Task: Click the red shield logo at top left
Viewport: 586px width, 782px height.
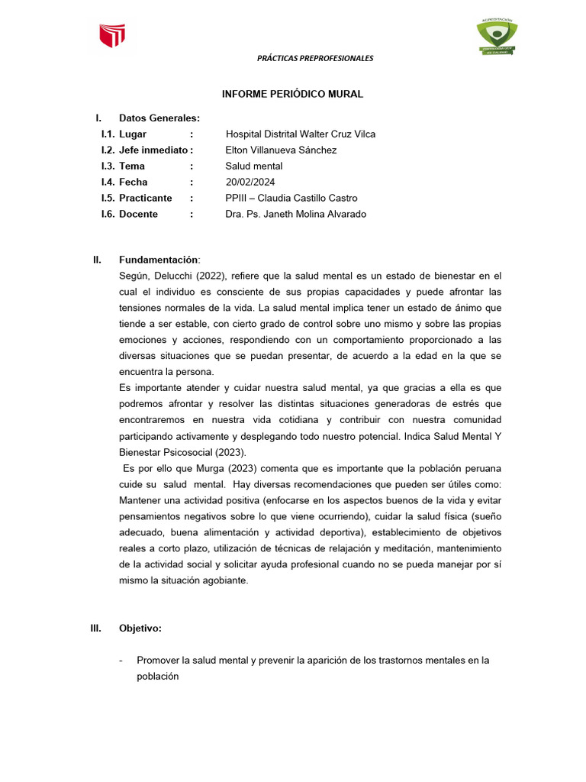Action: point(111,36)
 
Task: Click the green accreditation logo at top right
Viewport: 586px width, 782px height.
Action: point(497,37)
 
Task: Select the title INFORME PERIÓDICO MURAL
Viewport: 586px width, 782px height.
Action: point(292,94)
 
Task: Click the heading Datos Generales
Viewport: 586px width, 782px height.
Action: point(159,118)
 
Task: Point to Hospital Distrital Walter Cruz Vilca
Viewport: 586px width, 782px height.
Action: point(301,134)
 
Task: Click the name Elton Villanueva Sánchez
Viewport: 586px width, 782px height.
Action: point(281,150)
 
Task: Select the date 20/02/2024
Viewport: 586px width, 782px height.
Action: point(250,182)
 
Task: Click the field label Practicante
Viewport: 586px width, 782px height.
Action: point(146,198)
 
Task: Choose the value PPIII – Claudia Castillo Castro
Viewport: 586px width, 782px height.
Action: point(291,198)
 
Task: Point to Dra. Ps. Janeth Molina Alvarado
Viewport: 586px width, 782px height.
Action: point(296,214)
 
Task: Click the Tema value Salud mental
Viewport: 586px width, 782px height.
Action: point(254,166)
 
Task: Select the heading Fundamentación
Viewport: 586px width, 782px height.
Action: point(158,260)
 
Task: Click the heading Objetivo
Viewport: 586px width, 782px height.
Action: point(140,629)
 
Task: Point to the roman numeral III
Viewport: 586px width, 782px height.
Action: point(96,629)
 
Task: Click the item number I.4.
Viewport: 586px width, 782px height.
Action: point(108,182)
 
